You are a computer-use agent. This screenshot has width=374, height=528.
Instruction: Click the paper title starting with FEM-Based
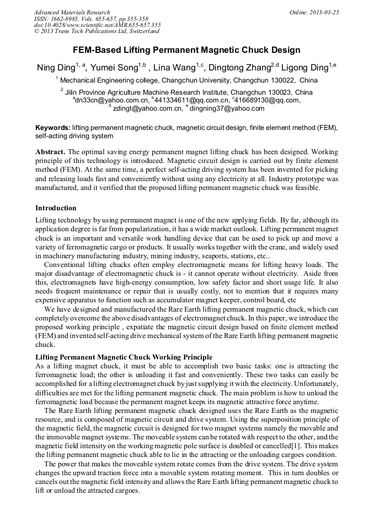[x=186, y=50]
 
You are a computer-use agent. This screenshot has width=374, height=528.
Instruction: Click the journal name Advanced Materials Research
[x=72, y=12]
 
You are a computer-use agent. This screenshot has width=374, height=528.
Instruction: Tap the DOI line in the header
[x=97, y=25]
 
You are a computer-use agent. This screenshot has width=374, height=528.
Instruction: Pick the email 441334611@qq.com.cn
[x=191, y=100]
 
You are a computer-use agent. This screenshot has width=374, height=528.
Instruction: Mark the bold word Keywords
[x=52, y=127]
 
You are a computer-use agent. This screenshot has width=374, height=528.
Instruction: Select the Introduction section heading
[x=56, y=208]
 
